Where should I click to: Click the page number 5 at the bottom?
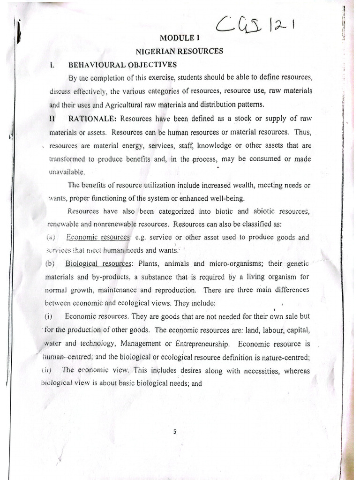tap(174, 432)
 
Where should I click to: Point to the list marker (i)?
tap(50, 316)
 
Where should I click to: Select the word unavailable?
tap(67, 172)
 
